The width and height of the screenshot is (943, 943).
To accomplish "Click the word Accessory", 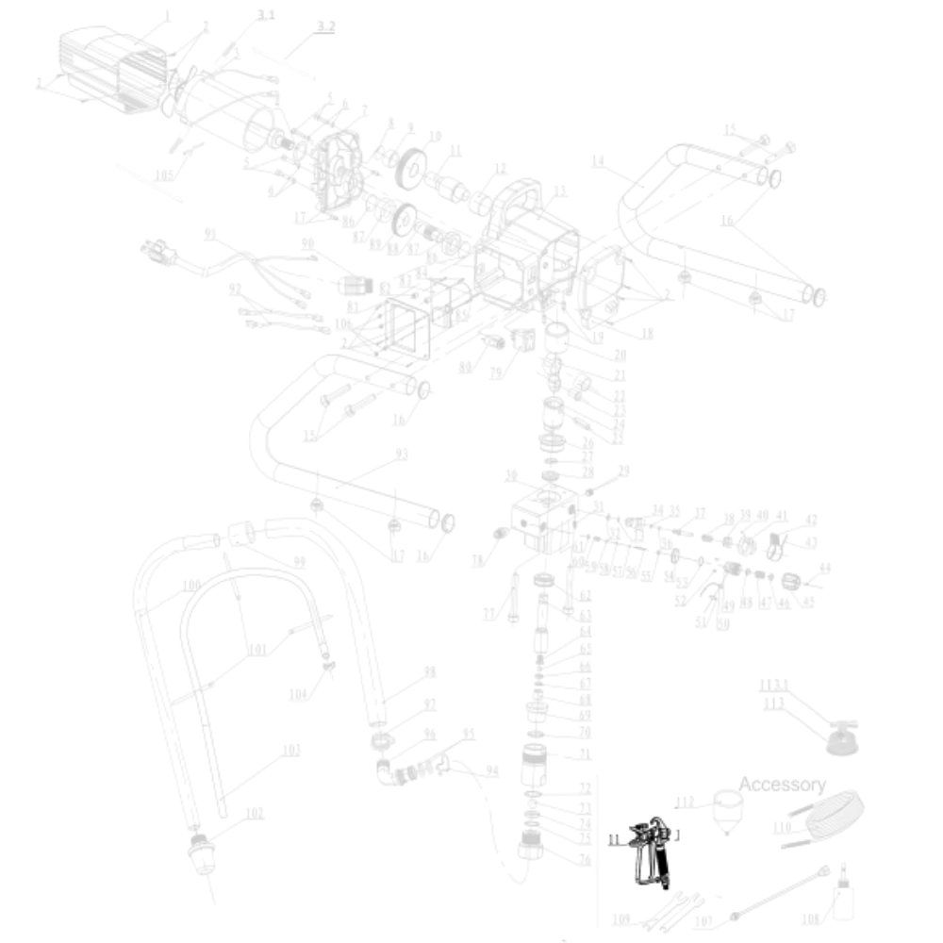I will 782,785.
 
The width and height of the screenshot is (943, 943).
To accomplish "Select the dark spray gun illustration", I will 653,850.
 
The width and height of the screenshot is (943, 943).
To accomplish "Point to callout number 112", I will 685,803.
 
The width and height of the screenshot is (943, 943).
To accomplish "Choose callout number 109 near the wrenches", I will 621,919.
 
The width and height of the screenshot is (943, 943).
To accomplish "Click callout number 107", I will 703,922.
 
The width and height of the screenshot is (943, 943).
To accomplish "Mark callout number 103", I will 291,751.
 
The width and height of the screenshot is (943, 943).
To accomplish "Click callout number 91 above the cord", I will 210,233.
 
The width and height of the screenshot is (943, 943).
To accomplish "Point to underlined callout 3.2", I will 325,27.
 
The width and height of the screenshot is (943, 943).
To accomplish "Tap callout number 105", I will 165,174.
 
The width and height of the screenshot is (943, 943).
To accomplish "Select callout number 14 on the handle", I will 598,161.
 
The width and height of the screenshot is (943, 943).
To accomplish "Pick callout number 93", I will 402,455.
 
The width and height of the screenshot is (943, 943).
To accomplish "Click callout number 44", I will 825,569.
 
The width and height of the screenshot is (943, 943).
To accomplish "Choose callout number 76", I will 584,859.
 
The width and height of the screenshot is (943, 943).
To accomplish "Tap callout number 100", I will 191,586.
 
